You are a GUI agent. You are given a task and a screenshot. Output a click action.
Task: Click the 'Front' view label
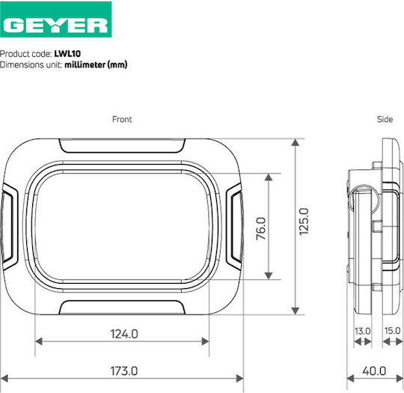pyautogui.click(x=122, y=119)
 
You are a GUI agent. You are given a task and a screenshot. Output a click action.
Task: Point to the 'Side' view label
pyautogui.click(x=385, y=119)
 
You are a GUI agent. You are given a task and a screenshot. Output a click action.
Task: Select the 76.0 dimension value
pyautogui.click(x=260, y=226)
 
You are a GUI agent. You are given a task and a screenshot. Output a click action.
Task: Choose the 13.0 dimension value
pyautogui.click(x=362, y=330)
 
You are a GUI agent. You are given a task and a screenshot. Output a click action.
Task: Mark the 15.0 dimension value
pyautogui.click(x=391, y=330)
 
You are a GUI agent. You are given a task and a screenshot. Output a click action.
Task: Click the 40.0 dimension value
pyautogui.click(x=373, y=371)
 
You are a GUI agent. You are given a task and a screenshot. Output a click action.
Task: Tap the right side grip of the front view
pyautogui.click(x=235, y=225)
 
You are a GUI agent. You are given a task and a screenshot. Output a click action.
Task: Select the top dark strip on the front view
pyautogui.click(x=122, y=158)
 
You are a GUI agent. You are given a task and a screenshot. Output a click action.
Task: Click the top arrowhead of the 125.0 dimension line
pyautogui.click(x=296, y=144)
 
